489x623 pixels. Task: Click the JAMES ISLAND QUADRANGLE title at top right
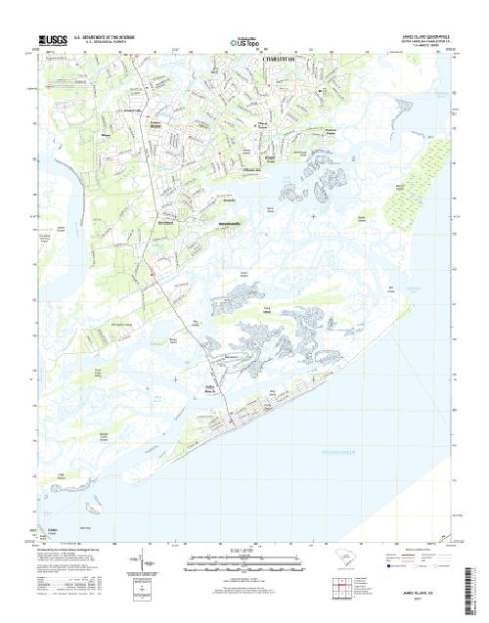click(422, 35)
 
